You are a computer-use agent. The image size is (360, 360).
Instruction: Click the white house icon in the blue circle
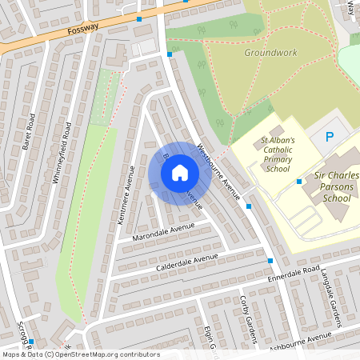point(180,173)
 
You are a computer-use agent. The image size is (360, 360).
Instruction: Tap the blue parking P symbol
point(328,138)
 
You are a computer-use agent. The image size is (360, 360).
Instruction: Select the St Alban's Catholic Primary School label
point(278,154)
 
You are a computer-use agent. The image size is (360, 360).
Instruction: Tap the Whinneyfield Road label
point(62,153)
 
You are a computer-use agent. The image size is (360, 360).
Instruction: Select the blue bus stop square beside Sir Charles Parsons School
point(298,182)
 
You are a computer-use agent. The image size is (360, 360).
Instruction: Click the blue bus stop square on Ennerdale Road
point(270,261)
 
